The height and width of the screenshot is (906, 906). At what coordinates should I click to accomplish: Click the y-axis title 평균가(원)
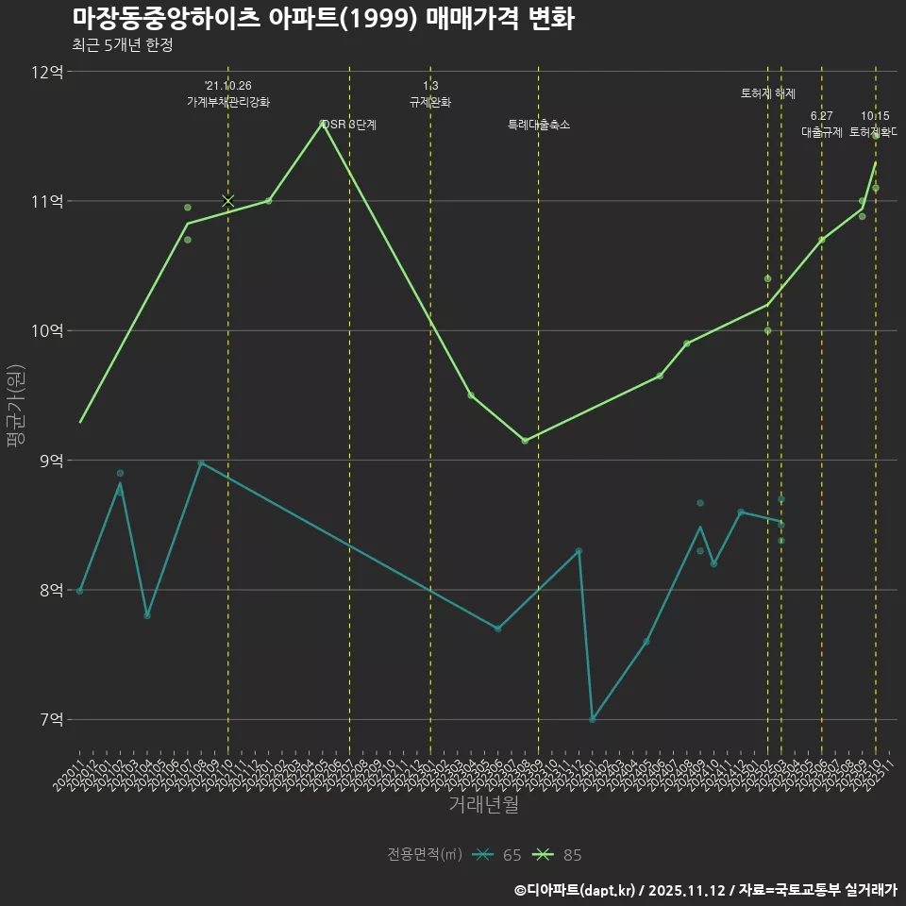(x=16, y=411)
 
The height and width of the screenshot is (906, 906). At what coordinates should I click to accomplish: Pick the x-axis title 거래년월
(x=482, y=805)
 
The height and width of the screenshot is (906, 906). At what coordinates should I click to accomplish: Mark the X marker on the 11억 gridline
(x=227, y=200)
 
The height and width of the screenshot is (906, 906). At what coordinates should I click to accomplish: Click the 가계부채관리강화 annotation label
(x=227, y=102)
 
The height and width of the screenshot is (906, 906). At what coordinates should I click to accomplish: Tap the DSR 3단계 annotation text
(x=349, y=125)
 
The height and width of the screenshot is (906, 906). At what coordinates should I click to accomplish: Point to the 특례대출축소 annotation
(x=538, y=125)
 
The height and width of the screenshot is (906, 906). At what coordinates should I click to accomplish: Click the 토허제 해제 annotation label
(x=768, y=93)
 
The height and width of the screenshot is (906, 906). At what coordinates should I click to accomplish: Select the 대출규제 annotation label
(x=821, y=132)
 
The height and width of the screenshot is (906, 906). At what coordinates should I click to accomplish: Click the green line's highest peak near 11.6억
(x=322, y=122)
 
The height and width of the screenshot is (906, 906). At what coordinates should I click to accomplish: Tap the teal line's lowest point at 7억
(x=593, y=719)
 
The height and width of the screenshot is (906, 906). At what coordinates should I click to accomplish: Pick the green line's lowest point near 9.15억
(x=525, y=441)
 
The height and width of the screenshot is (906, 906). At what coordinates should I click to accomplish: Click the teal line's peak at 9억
(x=201, y=462)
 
